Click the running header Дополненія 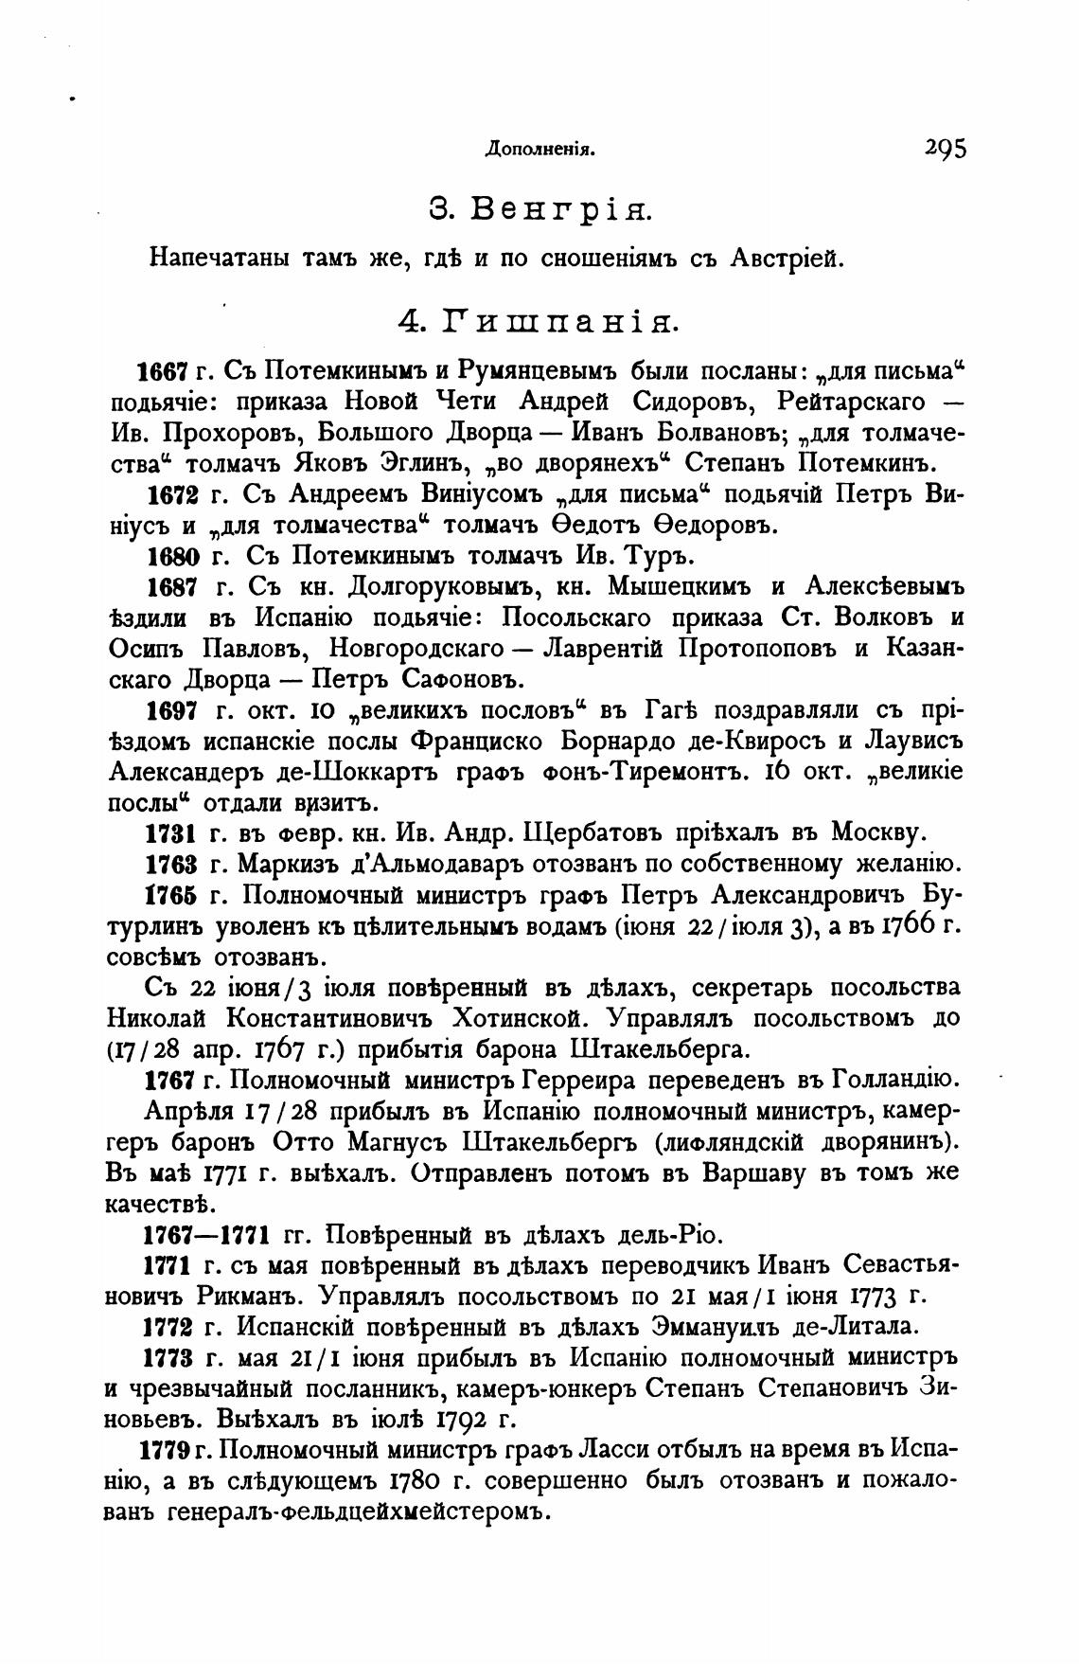point(539,149)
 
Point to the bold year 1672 point(174,494)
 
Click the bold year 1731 point(174,833)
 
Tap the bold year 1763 point(174,865)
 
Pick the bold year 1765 point(174,896)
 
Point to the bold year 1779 point(167,1452)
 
